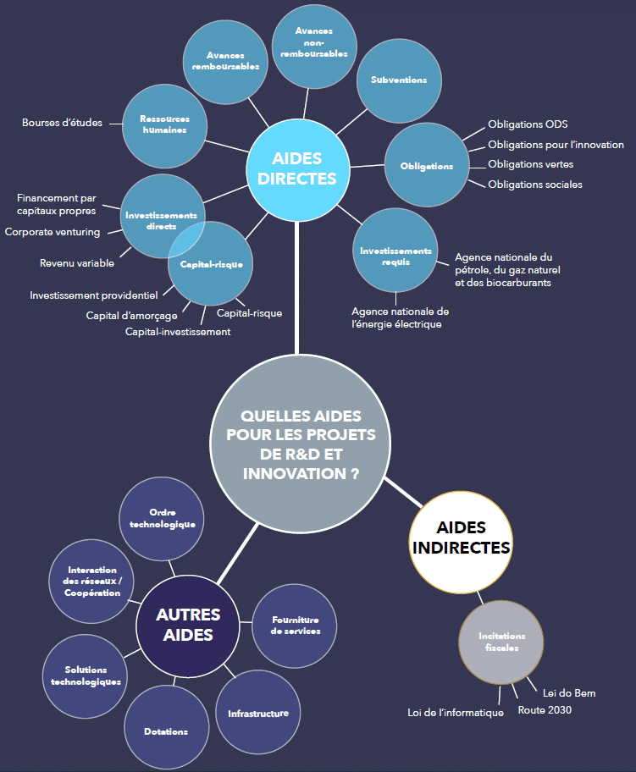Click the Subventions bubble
(399, 80)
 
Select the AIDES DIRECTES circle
(297, 170)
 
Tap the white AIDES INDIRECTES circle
(461, 542)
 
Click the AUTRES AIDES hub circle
(188, 626)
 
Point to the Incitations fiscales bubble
(501, 642)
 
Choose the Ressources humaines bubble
(164, 126)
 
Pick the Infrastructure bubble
(258, 713)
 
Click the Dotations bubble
(167, 728)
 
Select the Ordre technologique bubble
(162, 519)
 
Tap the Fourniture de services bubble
(295, 626)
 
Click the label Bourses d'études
(62, 123)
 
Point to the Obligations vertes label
(531, 164)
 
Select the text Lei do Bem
(569, 693)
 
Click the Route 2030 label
(545, 710)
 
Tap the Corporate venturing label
(53, 232)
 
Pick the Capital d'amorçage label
(131, 316)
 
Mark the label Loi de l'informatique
(456, 713)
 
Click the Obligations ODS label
(528, 124)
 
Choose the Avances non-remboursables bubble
(314, 47)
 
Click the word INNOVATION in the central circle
(295, 474)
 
